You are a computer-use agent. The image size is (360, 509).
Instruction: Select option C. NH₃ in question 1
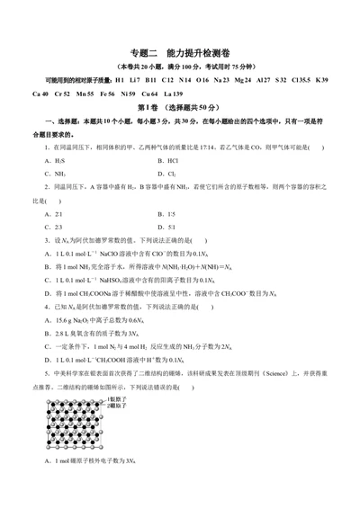[x=50, y=174]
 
